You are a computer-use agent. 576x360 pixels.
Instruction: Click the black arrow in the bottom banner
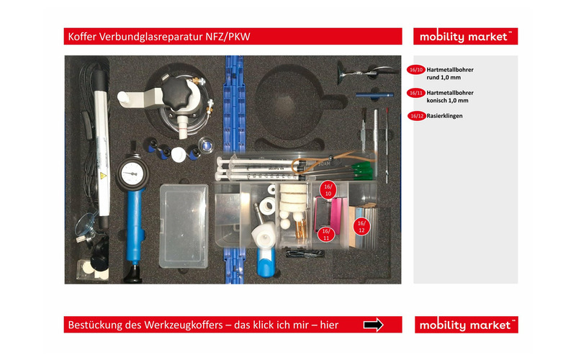[x=373, y=325]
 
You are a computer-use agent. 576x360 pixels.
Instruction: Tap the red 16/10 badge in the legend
[x=416, y=70]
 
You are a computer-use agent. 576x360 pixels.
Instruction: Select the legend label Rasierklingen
[x=444, y=116]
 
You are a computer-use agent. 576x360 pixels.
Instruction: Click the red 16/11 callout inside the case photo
[x=326, y=234]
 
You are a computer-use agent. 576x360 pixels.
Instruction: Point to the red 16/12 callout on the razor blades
[x=362, y=227]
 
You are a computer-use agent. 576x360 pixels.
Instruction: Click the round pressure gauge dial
[x=132, y=173]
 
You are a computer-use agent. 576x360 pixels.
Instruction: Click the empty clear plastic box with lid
[x=184, y=225]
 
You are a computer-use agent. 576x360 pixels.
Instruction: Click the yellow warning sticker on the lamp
[x=103, y=176]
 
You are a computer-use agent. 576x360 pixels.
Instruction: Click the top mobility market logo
[x=465, y=37]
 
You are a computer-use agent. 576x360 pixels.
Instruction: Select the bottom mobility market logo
[x=466, y=325]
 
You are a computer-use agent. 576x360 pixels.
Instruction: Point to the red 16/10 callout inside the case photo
[x=328, y=189]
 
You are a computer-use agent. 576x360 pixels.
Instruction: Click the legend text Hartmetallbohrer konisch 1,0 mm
[x=450, y=96]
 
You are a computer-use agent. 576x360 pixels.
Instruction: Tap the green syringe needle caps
[x=361, y=171]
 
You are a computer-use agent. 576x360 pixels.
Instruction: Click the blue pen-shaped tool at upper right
[x=374, y=95]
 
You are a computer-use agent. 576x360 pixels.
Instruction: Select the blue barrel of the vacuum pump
[x=135, y=223]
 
